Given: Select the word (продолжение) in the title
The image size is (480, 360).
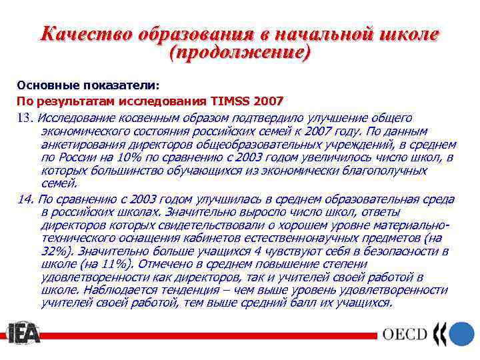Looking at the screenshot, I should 240,53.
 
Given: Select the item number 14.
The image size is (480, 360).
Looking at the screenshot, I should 25,199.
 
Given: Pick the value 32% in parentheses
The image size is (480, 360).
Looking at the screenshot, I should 55,251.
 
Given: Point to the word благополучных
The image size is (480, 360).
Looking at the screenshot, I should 384,171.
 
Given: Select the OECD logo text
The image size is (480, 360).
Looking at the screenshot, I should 404,334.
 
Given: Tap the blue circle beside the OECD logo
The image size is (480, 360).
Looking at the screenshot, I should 461,333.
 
